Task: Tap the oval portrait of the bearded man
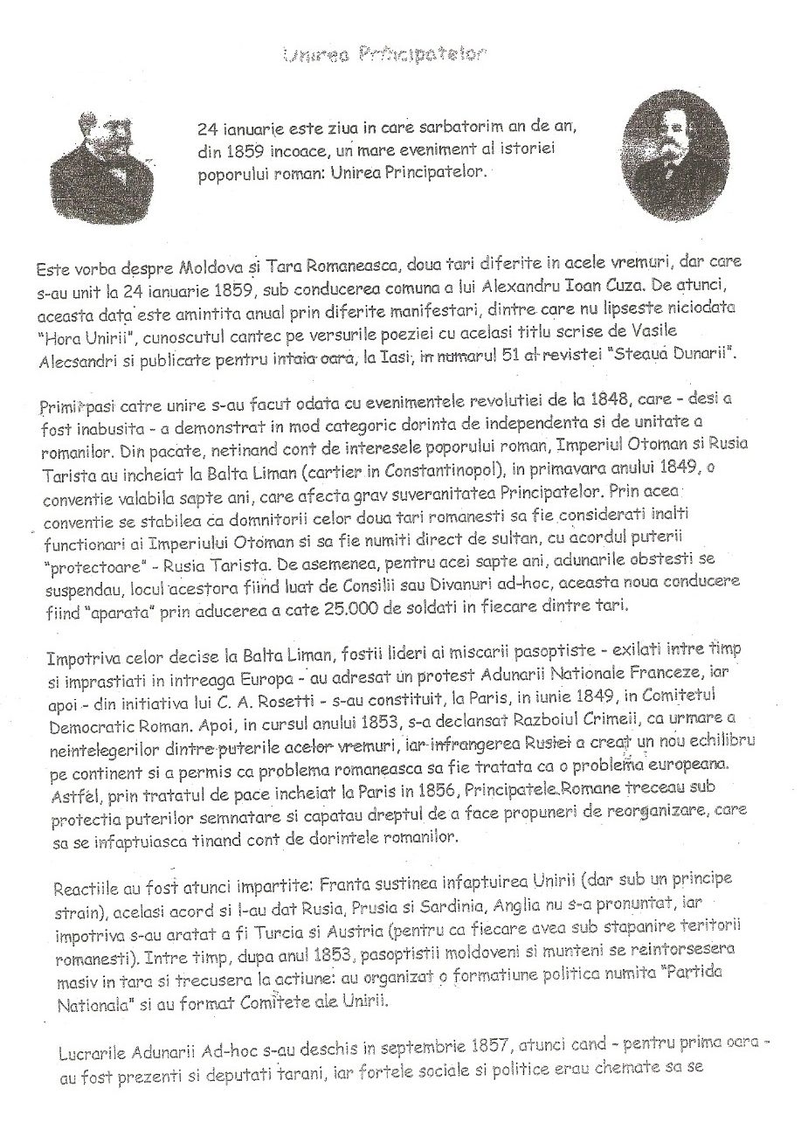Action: coord(670,164)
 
